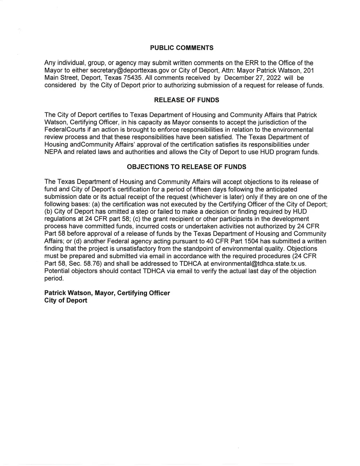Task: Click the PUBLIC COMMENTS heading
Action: pyautogui.click(x=181, y=48)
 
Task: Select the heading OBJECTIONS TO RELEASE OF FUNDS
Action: pyautogui.click(x=186, y=167)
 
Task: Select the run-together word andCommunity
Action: pyautogui.click(x=87, y=144)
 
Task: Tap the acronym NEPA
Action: pyautogui.click(x=53, y=152)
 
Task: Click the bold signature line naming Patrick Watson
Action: pyautogui.click(x=107, y=293)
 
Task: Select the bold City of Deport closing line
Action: pyautogui.click(x=66, y=300)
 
